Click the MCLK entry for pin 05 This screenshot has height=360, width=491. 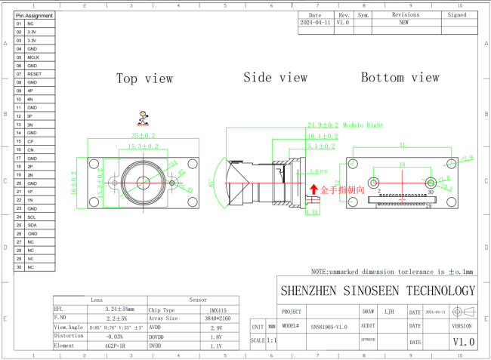click(33, 57)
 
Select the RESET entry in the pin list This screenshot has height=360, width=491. click(34, 74)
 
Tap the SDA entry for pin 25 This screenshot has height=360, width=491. click(32, 225)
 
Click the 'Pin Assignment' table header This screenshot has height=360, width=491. click(35, 15)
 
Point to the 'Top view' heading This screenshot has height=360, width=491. click(144, 78)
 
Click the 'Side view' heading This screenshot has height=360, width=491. click(275, 78)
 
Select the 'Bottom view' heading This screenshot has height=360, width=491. click(400, 78)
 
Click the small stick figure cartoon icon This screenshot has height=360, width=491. click(142, 117)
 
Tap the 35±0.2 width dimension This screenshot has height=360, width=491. click(142, 136)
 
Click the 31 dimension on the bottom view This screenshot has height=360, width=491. click(402, 144)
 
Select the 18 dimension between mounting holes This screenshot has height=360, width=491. click(401, 164)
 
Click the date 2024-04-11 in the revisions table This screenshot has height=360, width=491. click(315, 23)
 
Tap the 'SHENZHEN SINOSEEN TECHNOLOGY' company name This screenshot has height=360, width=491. click(378, 291)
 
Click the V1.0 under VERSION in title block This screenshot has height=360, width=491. click(463, 342)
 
